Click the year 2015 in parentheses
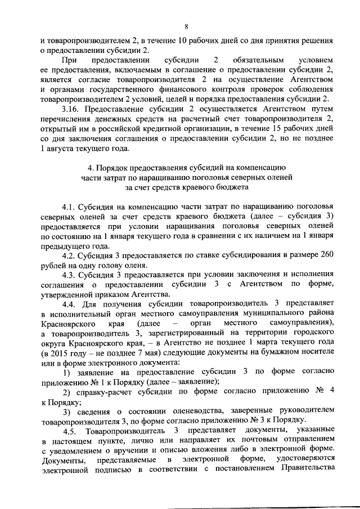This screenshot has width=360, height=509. (60, 353)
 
